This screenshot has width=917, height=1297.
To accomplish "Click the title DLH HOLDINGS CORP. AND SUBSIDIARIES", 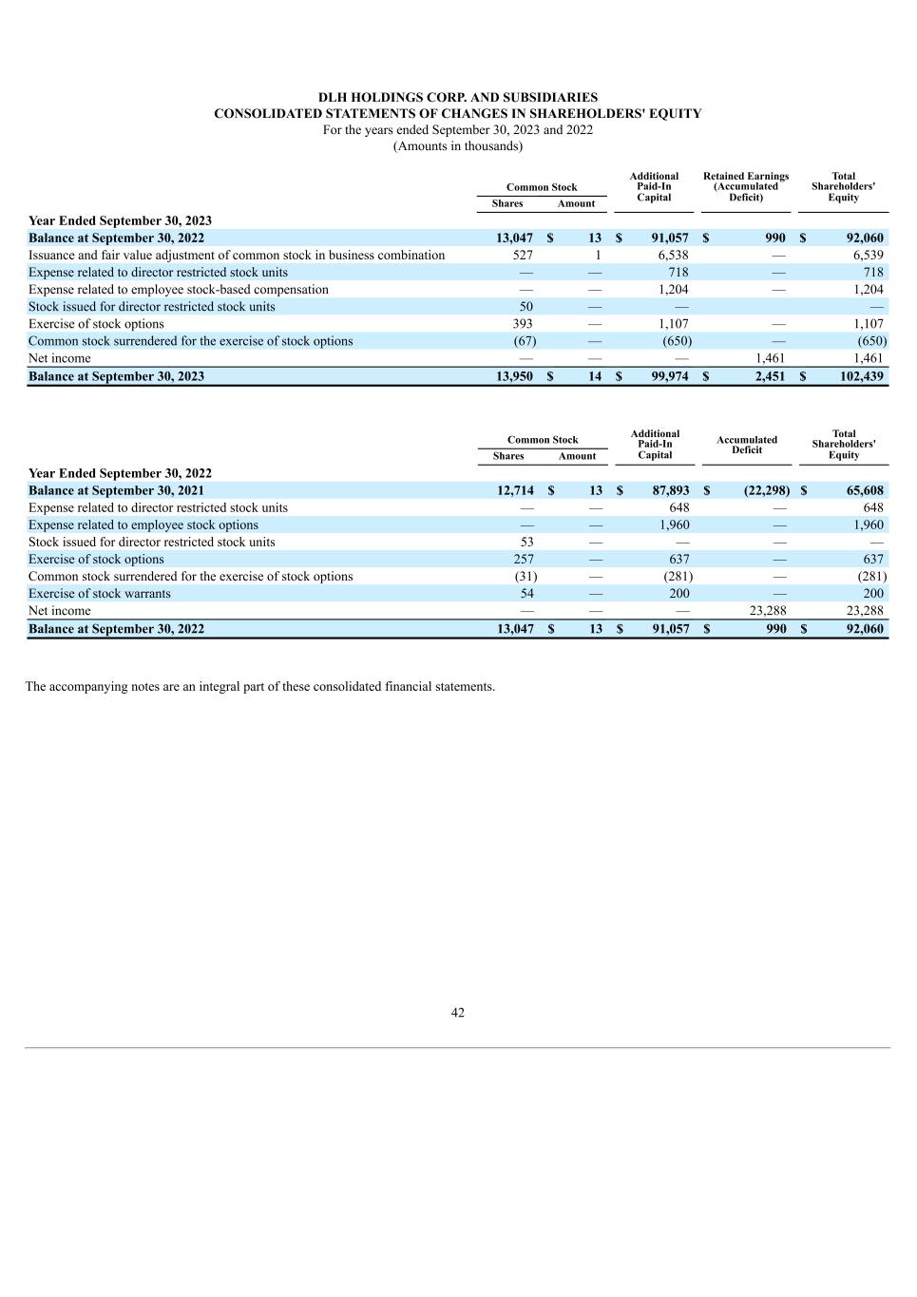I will point(458,97).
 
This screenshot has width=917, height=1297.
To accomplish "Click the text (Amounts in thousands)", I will point(458,145).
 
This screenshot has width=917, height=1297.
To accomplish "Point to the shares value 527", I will point(522,256).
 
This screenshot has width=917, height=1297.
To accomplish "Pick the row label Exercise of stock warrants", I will point(100,594).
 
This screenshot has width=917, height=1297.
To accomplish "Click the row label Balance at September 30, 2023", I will point(116,376).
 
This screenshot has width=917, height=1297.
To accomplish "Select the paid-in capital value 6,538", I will point(673,256).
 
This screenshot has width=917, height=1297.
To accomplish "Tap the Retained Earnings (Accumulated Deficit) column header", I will point(746,186).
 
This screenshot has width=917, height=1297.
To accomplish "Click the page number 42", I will point(458,1013).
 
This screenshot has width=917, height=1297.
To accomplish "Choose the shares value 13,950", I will point(514,376).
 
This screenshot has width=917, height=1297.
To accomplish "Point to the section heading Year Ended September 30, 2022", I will point(120,473).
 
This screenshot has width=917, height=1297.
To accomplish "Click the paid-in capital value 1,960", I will point(674,525).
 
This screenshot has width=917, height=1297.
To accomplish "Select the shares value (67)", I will point(525,341).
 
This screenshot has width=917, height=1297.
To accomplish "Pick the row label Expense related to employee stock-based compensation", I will point(179,290).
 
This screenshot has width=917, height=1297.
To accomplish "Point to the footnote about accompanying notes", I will point(260,687).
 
